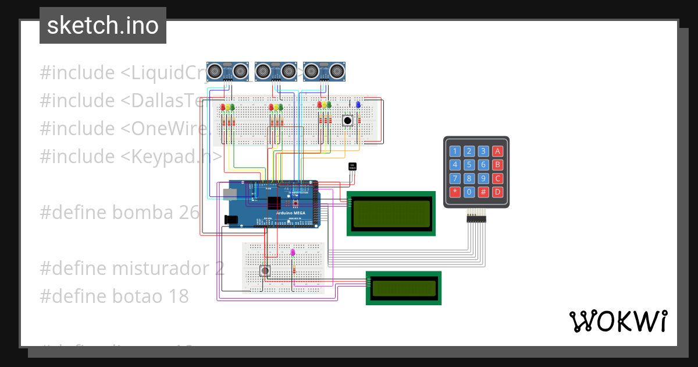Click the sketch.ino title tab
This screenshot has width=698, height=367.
(103, 26)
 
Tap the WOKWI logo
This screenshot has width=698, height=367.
(617, 321)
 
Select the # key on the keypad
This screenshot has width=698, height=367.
(483, 192)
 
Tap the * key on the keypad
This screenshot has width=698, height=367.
(455, 192)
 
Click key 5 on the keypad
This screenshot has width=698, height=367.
(469, 165)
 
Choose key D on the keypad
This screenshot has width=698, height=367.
(497, 192)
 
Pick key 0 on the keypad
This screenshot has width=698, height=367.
(469, 192)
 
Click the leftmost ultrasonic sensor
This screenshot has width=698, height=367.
(227, 71)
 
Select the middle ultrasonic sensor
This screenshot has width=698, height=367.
(276, 71)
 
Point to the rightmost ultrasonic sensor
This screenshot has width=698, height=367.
(323, 71)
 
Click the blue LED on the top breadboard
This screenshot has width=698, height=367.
(358, 104)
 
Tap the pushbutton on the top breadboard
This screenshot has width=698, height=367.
(347, 120)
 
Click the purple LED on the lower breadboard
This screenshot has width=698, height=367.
(293, 253)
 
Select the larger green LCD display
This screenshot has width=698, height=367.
(391, 213)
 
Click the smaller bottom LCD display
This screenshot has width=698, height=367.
(404, 288)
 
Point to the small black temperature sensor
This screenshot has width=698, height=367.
(351, 167)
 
